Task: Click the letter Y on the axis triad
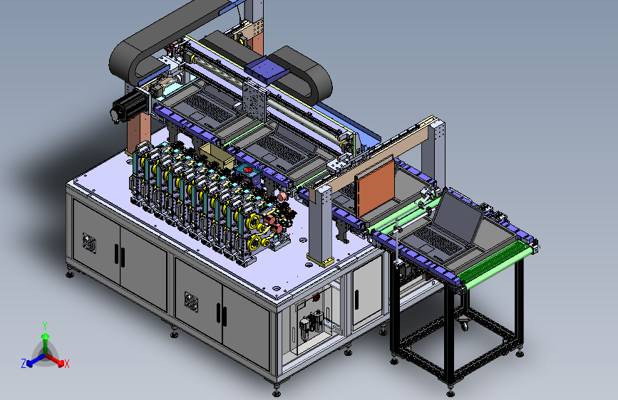pyautogui.click(x=45, y=325)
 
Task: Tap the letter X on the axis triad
pyautogui.click(x=66, y=364)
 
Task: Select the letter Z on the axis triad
pyautogui.click(x=24, y=364)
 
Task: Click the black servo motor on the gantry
pyautogui.click(x=128, y=105)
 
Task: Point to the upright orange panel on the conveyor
pyautogui.click(x=375, y=187)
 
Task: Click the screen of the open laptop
pyautogui.click(x=459, y=218)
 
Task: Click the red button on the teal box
pyautogui.click(x=248, y=169)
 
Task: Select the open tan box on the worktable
pyautogui.click(x=217, y=155)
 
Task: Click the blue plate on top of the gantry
pyautogui.click(x=267, y=69)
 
